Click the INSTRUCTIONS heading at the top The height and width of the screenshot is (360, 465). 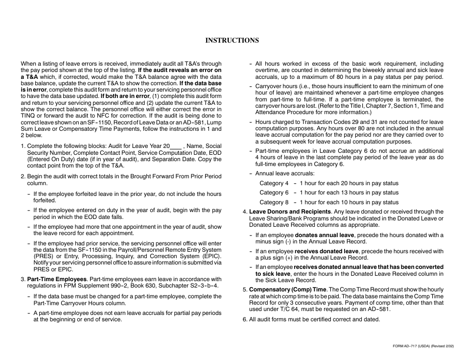point(232,40)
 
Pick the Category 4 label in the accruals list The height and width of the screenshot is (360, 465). point(274,183)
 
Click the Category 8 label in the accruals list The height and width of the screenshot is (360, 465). point(274,202)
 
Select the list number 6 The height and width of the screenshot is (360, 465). point(245,319)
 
